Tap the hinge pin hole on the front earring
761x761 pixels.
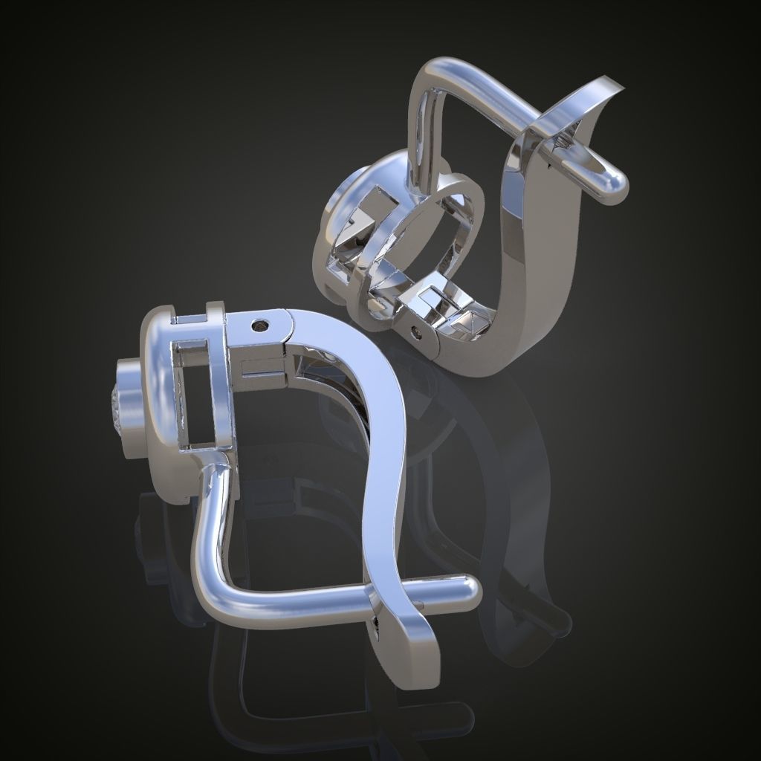click(259, 325)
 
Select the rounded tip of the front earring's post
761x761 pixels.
click(467, 591)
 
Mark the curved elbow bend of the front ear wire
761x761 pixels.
click(212, 587)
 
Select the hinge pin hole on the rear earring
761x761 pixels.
click(417, 332)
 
